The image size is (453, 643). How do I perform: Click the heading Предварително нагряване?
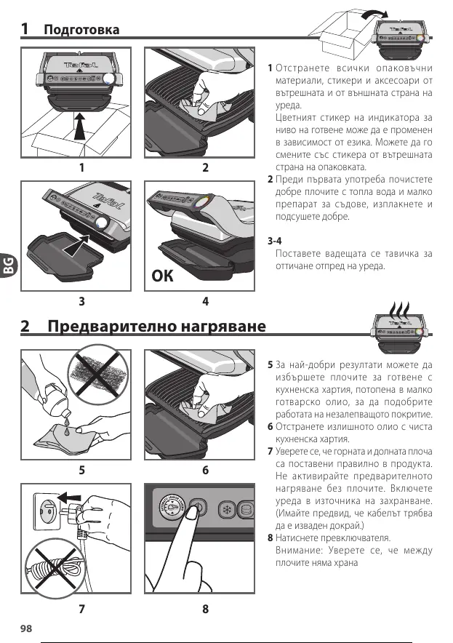click(x=156, y=326)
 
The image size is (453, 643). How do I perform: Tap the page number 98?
click(x=28, y=627)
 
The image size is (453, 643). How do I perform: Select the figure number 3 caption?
click(x=81, y=300)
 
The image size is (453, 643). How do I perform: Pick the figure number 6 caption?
click(x=206, y=470)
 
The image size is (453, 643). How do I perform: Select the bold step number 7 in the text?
click(x=270, y=452)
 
